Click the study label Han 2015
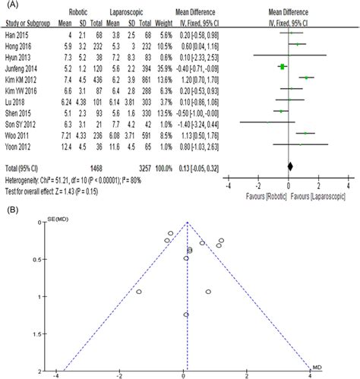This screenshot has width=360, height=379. (x=17, y=34)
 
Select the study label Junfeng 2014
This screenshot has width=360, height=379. (x=21, y=67)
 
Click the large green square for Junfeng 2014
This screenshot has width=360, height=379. (x=283, y=67)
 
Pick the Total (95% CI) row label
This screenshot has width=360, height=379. (x=22, y=166)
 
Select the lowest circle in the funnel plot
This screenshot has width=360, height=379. (x=186, y=314)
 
